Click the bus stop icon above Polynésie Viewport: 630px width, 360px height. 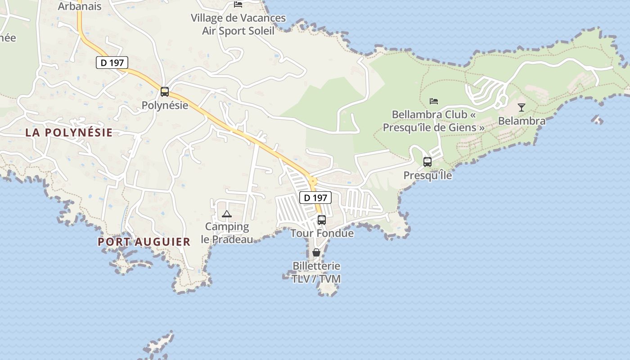point(165,92)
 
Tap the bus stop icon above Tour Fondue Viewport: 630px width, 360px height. point(322,220)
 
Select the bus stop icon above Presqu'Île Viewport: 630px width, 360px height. point(427,162)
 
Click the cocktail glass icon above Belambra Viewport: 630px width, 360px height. point(522,107)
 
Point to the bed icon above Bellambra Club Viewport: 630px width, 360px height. point(434,101)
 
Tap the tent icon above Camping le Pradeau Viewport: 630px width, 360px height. point(226,214)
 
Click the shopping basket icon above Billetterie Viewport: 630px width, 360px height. point(316,252)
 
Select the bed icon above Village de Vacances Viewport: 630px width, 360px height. point(238,4)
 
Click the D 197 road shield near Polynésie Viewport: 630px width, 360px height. point(112,63)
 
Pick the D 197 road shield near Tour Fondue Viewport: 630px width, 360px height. point(315,198)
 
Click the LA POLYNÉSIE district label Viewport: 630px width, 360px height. point(69,133)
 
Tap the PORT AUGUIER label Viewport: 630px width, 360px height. point(144,242)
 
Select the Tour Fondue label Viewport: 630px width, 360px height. point(322,234)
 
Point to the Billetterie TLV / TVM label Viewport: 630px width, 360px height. point(316,272)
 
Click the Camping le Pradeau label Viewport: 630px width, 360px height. point(227,233)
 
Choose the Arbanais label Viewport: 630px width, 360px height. point(80,6)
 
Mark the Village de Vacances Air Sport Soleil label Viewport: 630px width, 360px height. point(238,24)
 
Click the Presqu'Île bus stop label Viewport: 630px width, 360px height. point(427,175)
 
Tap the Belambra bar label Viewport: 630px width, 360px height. point(522,121)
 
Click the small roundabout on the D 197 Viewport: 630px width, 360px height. point(312,181)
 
